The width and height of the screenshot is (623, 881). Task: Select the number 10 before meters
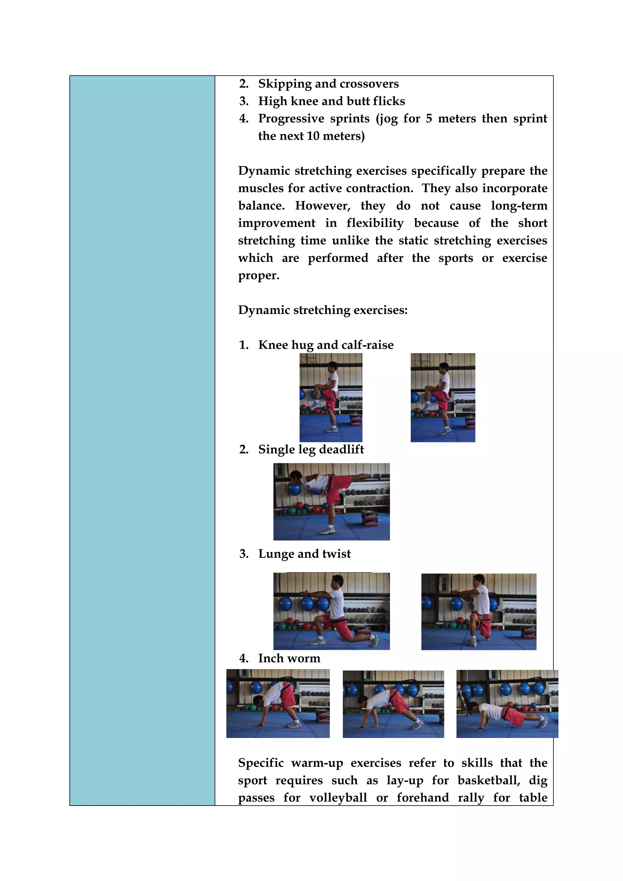pyautogui.click(x=313, y=136)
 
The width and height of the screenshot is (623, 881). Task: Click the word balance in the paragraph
pyautogui.click(x=261, y=206)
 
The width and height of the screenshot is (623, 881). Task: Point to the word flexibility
pyautogui.click(x=375, y=223)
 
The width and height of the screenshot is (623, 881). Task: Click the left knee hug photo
pyautogui.click(x=331, y=398)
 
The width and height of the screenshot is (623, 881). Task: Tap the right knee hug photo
pyautogui.click(x=443, y=398)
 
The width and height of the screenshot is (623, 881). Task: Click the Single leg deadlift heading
pyautogui.click(x=311, y=449)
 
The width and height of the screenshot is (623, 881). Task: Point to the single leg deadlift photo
pyautogui.click(x=332, y=502)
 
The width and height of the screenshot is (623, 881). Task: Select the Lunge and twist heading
pyautogui.click(x=304, y=554)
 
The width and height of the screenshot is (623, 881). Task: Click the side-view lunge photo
pyautogui.click(x=332, y=611)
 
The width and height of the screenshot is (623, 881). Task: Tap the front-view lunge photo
pyautogui.click(x=479, y=612)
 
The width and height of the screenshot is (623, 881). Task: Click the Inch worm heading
pyautogui.click(x=289, y=658)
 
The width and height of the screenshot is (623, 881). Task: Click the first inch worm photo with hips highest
pyautogui.click(x=278, y=704)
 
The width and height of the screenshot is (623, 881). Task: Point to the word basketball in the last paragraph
pyautogui.click(x=487, y=781)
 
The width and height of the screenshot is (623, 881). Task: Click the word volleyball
pyautogui.click(x=338, y=798)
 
